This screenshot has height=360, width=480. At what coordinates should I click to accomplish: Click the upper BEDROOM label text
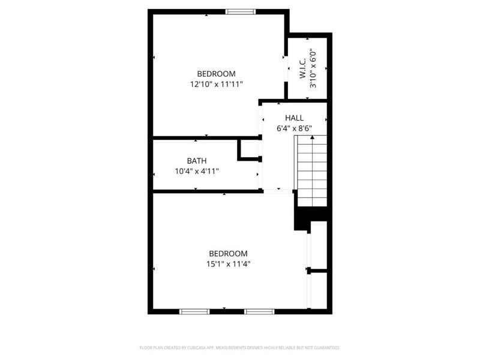point(216,74)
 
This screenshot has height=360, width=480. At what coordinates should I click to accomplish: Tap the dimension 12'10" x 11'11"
point(216,85)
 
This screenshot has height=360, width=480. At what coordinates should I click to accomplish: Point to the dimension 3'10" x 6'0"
point(313,68)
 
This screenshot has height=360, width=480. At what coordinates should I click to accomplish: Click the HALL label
point(294,118)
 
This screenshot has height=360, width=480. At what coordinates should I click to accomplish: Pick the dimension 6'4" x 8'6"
point(294,128)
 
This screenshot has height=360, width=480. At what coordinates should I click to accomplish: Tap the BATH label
point(196,161)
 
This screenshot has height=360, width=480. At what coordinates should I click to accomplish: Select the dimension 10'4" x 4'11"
point(196,172)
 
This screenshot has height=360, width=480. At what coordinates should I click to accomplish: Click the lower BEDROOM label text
point(228,254)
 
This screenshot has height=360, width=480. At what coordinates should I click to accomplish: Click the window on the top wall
point(240,11)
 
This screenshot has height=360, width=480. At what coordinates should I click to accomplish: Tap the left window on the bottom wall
point(195,311)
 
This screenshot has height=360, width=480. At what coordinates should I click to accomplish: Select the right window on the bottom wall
point(259,311)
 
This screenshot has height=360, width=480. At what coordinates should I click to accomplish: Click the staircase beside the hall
point(311,171)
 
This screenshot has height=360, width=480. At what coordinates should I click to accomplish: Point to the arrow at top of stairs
point(311,138)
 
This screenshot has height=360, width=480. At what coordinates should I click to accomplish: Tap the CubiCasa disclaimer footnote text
point(240,347)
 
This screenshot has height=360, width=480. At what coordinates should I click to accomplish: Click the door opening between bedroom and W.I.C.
point(286,67)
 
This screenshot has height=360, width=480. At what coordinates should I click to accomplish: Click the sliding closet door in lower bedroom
point(309,267)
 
